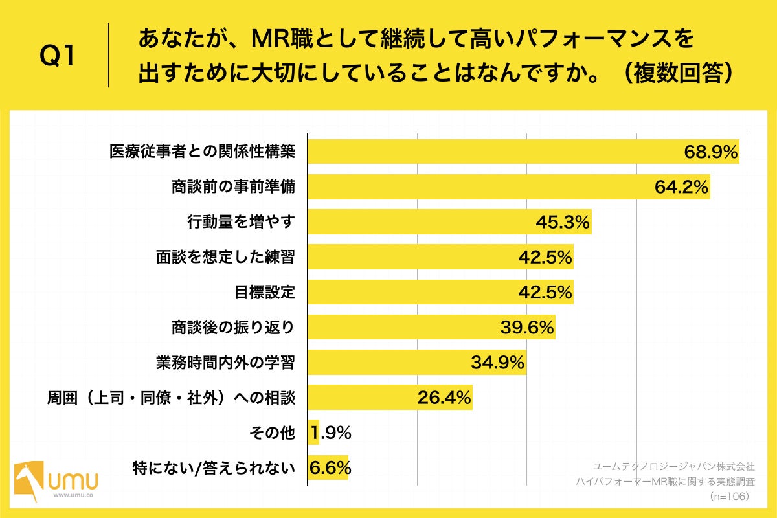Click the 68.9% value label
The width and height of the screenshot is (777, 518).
(x=711, y=152)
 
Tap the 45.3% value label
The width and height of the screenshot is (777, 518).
(x=563, y=222)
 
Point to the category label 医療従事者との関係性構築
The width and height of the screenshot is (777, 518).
(x=202, y=152)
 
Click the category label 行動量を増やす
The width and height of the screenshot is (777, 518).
(x=241, y=222)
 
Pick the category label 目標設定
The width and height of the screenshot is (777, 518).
(x=265, y=292)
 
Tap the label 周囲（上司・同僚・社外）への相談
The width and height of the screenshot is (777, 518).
(x=171, y=398)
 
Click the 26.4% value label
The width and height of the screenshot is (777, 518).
(x=444, y=398)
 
